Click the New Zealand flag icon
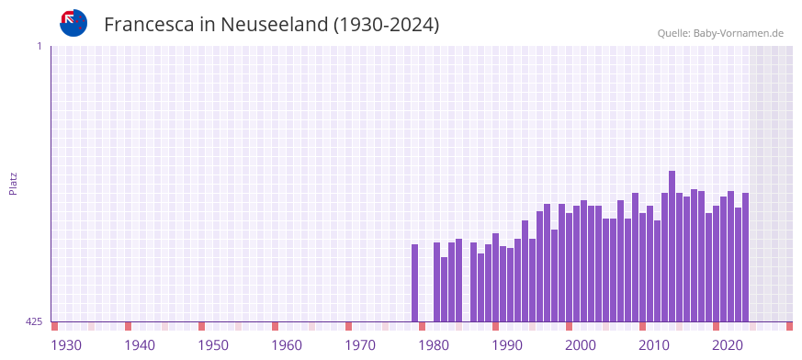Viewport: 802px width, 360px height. (x=73, y=23)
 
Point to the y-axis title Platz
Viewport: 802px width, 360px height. (x=13, y=183)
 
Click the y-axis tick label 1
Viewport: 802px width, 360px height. (x=39, y=46)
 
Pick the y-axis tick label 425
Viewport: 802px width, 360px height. (x=33, y=321)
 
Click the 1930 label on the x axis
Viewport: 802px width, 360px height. (x=66, y=345)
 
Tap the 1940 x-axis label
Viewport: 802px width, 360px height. (x=140, y=345)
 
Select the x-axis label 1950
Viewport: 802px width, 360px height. (x=213, y=345)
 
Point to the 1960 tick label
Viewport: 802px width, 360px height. (x=287, y=345)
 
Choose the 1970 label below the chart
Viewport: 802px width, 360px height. (x=360, y=345)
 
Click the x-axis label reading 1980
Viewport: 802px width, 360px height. (x=434, y=345)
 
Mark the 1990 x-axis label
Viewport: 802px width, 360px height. (x=507, y=345)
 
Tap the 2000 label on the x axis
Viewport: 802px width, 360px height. (x=581, y=345)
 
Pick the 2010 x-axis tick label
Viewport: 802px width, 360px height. (x=654, y=345)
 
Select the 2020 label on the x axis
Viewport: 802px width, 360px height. (x=728, y=345)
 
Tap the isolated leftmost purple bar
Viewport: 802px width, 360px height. (x=414, y=283)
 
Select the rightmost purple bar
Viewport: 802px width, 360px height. (x=745, y=257)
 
